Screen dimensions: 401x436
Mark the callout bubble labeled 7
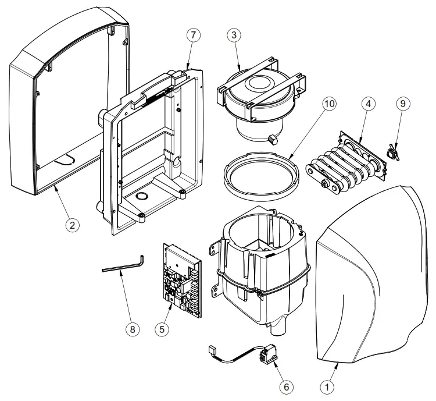[x=193, y=34]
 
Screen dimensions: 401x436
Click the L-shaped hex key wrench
[x=125, y=267]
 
